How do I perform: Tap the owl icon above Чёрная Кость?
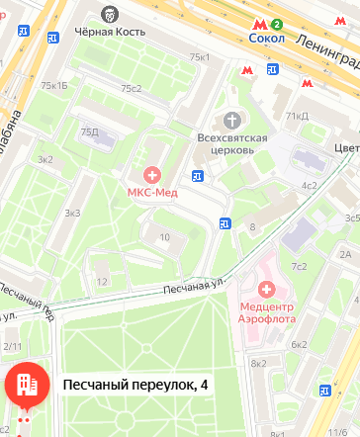pyautogui.click(x=110, y=14)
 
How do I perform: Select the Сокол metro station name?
pyautogui.click(x=266, y=39)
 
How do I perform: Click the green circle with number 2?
pyautogui.click(x=278, y=24)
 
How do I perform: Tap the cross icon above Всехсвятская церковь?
pyautogui.click(x=232, y=118)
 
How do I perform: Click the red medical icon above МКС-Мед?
pyautogui.click(x=152, y=174)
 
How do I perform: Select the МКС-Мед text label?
pyautogui.click(x=152, y=192)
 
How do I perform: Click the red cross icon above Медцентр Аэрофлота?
pyautogui.click(x=266, y=290)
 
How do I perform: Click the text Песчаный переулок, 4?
pyautogui.click(x=135, y=385)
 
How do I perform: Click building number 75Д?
pyautogui.click(x=90, y=131)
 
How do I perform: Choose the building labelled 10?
pyautogui.click(x=164, y=236)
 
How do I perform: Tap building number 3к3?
pyautogui.click(x=72, y=213)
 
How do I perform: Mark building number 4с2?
pyautogui.click(x=310, y=186)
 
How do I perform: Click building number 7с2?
pyautogui.click(x=298, y=266)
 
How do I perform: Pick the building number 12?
pyautogui.click(x=101, y=282)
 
